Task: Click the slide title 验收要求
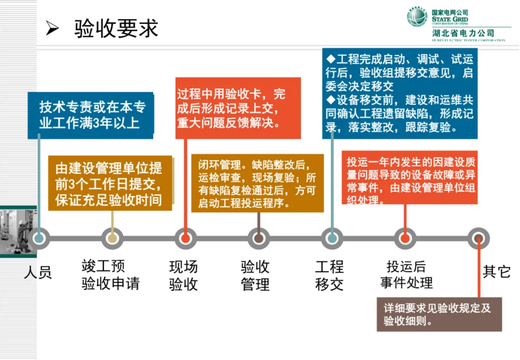coord(116,28)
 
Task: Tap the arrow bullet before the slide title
coord(52,29)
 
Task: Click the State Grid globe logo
coord(417,17)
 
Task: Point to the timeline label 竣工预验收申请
coord(110,275)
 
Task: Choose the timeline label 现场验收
coord(183,275)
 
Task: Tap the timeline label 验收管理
coord(255,275)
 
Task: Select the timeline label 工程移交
coord(329,275)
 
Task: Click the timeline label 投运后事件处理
coord(406,275)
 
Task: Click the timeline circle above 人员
coord(39,238)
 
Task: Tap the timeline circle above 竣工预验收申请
coord(112,238)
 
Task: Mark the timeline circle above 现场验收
coord(185,238)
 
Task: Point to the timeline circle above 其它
coord(479,238)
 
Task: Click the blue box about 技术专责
coord(91,115)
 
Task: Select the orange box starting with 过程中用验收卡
coord(238,108)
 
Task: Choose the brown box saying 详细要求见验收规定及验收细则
coord(439,314)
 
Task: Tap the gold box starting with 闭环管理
coord(257,183)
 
